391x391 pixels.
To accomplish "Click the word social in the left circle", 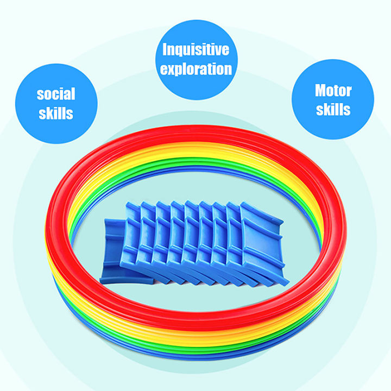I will (56, 94).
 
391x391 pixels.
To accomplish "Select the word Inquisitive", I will (196, 50).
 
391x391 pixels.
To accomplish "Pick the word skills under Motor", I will (333, 109).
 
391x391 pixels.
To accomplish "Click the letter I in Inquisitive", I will (166, 50).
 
